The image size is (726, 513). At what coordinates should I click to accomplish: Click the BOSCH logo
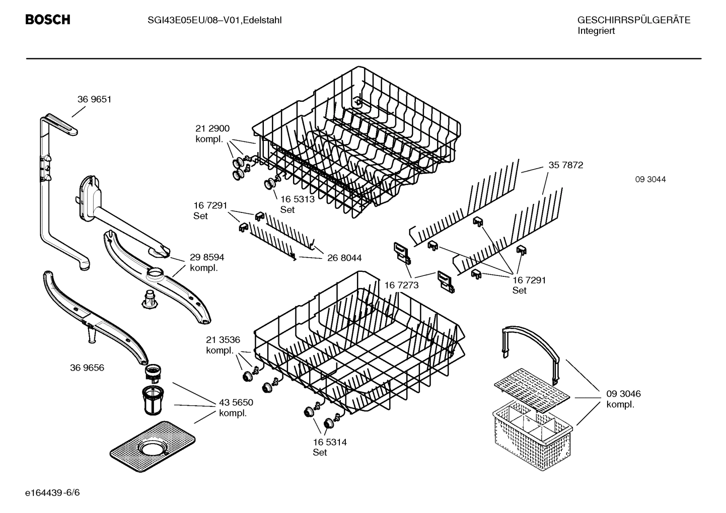(x=48, y=20)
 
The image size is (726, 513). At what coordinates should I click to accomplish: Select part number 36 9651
(x=94, y=99)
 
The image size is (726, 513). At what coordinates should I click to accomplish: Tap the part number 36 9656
(x=87, y=368)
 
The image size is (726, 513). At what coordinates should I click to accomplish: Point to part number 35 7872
(x=565, y=165)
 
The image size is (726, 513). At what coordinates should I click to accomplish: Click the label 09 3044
(x=650, y=179)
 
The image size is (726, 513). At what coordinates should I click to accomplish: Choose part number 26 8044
(x=344, y=258)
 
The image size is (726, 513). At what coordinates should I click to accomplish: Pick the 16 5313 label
(x=297, y=199)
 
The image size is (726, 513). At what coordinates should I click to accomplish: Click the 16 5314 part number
(x=329, y=442)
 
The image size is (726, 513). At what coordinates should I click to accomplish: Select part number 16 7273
(x=401, y=285)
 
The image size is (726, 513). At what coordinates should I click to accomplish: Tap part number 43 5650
(x=236, y=402)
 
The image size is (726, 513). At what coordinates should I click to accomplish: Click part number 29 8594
(x=207, y=257)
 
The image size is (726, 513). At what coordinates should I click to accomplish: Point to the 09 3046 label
(x=623, y=394)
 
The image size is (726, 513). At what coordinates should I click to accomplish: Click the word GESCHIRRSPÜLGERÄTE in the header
(x=633, y=20)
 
